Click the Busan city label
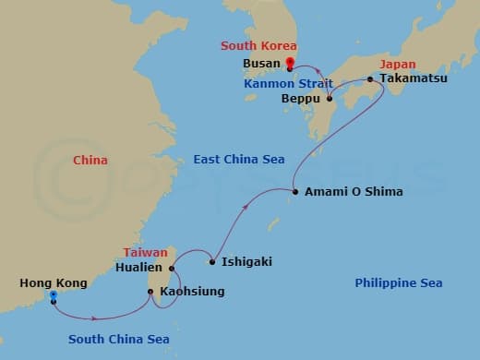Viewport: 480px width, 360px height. pyautogui.click(x=262, y=66)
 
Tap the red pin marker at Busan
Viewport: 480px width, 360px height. pyautogui.click(x=290, y=64)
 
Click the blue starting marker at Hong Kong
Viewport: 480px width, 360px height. pyautogui.click(x=54, y=297)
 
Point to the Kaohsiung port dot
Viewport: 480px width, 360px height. pyautogui.click(x=150, y=292)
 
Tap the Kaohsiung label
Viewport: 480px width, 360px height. pyautogui.click(x=192, y=292)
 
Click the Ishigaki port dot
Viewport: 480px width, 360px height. pyautogui.click(x=212, y=262)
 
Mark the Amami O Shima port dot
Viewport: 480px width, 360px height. pyautogui.click(x=294, y=192)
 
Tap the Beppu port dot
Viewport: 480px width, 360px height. pyautogui.click(x=330, y=98)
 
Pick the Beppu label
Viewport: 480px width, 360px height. pyautogui.click(x=302, y=98)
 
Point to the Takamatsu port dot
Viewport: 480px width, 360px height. pyautogui.click(x=370, y=79)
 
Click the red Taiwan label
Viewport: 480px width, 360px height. pyautogui.click(x=146, y=251)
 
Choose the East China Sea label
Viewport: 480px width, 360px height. pyautogui.click(x=238, y=160)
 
